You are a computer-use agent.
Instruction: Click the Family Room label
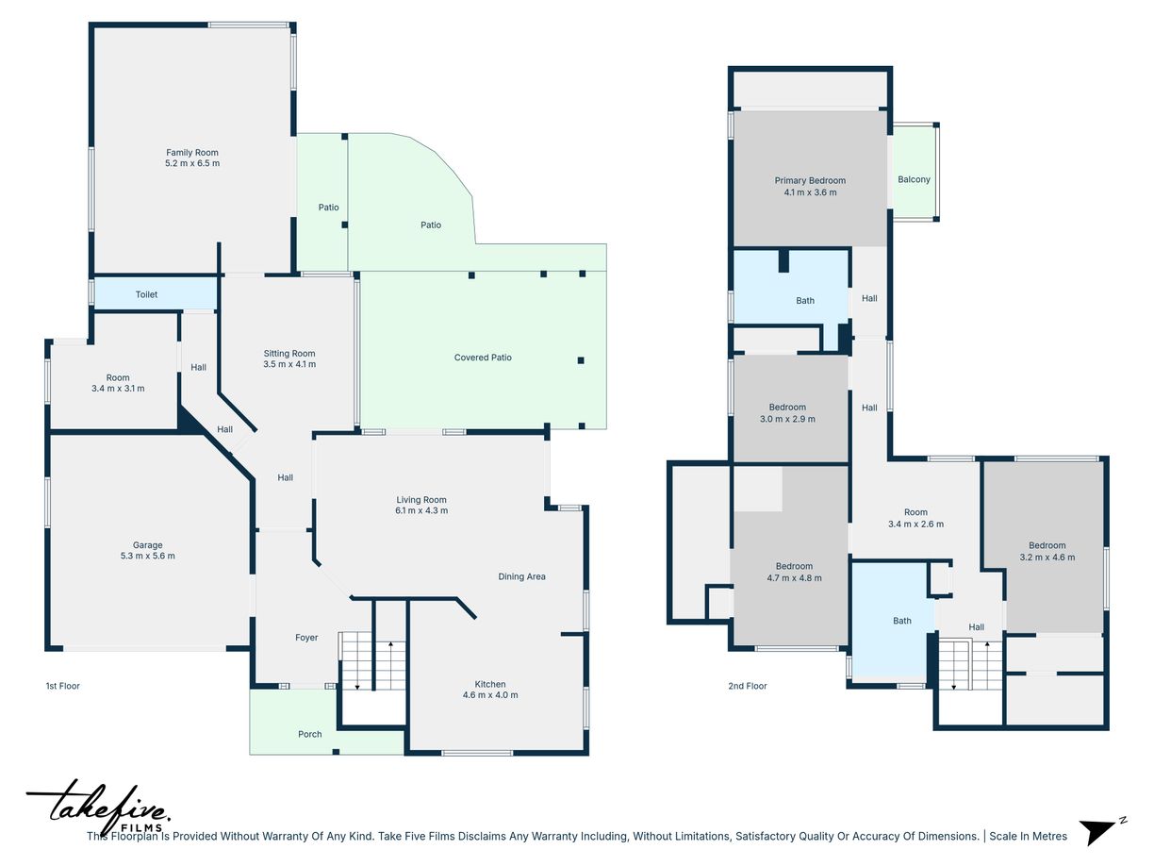click(x=192, y=153)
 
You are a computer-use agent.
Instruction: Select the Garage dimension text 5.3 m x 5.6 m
click(x=148, y=556)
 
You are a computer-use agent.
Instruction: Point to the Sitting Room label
click(x=289, y=354)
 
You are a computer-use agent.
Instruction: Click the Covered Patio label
click(x=483, y=358)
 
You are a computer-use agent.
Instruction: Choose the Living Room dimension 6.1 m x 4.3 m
click(x=421, y=510)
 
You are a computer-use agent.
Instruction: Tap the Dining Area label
click(x=521, y=576)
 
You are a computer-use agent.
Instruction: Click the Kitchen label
click(x=490, y=684)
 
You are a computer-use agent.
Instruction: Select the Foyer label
click(x=306, y=638)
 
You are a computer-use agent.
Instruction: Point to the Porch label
click(x=309, y=734)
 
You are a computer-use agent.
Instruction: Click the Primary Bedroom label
click(x=810, y=181)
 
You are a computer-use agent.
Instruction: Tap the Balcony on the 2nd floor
click(x=914, y=174)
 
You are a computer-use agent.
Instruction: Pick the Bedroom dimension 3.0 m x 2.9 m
click(x=787, y=419)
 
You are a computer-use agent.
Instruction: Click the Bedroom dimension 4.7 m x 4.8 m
click(x=794, y=578)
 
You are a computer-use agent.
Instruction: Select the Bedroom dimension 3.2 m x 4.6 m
click(x=1047, y=558)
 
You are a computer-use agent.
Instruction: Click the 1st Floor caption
click(x=62, y=686)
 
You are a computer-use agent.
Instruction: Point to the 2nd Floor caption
click(x=747, y=686)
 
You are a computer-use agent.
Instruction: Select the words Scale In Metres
click(x=1028, y=836)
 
